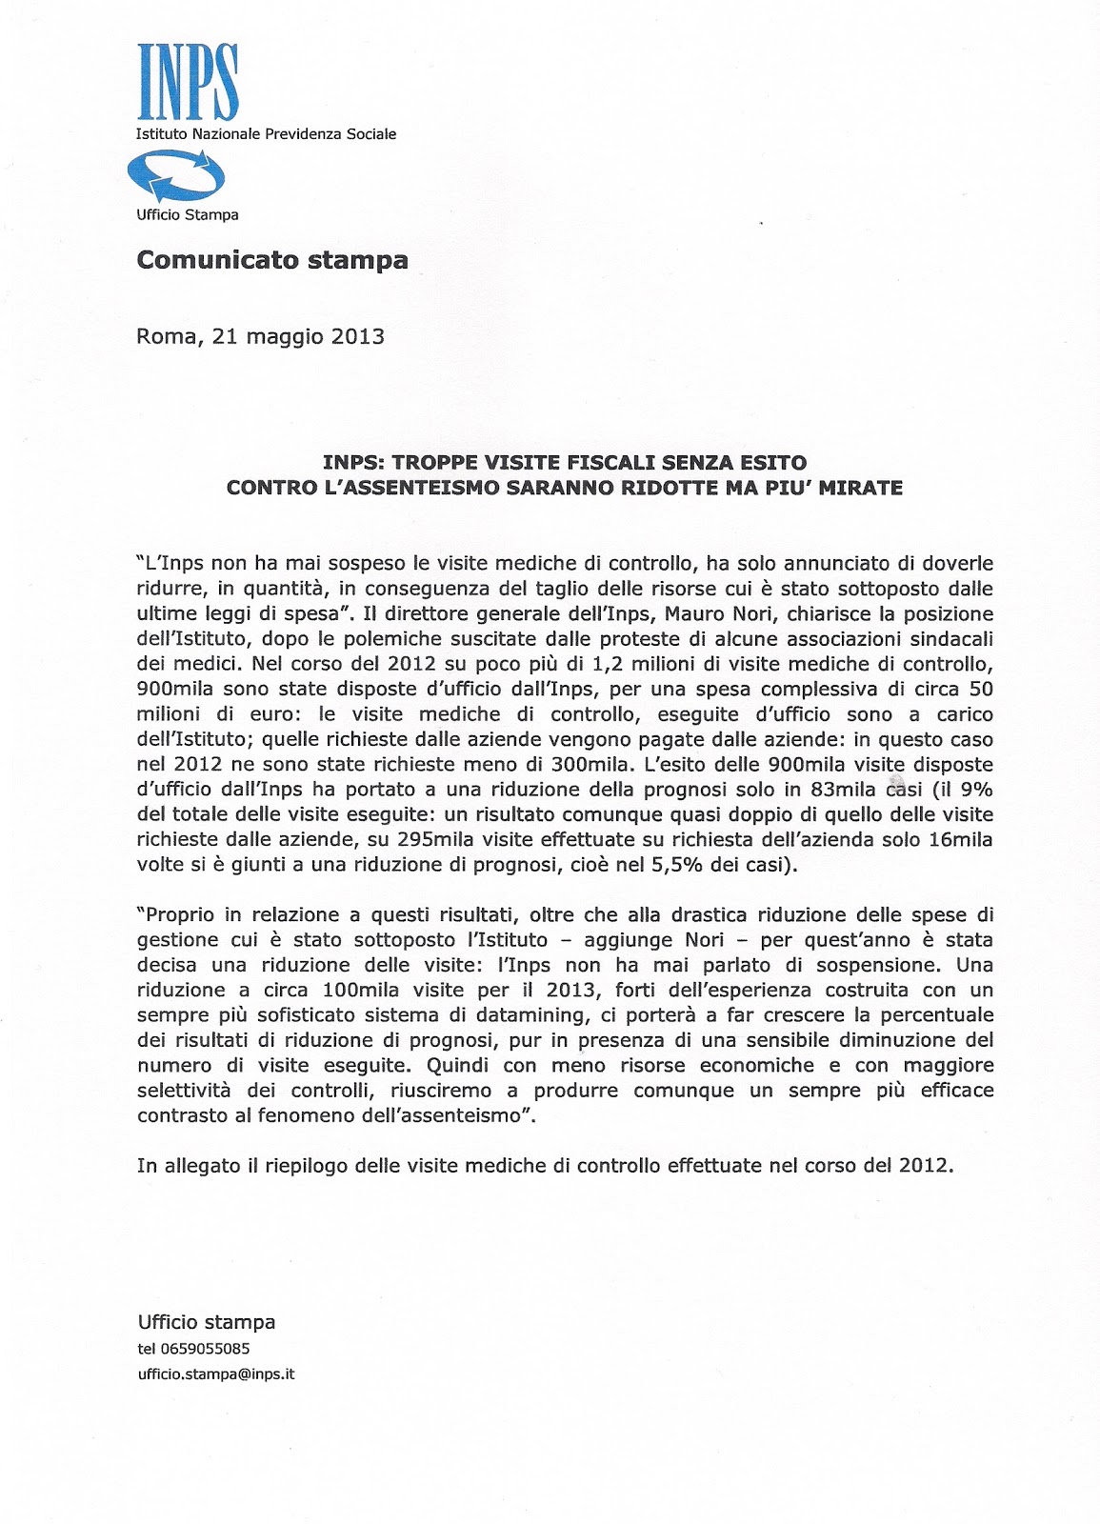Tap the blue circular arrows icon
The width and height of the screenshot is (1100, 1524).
[176, 178]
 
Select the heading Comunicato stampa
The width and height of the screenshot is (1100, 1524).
[272, 260]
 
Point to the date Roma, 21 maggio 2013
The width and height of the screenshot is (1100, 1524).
[260, 336]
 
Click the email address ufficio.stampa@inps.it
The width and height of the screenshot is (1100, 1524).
[216, 1375]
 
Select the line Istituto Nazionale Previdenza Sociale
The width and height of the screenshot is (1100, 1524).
[267, 134]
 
